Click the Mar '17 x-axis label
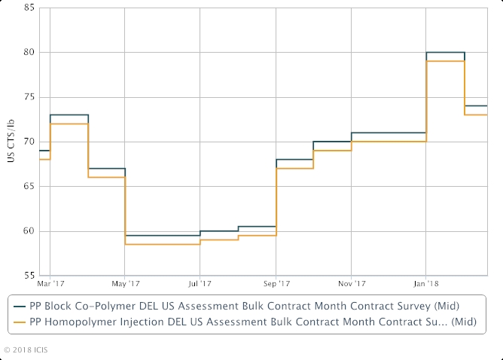50,284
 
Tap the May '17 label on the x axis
126,284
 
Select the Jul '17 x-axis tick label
200,284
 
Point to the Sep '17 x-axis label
276,284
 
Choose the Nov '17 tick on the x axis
352,284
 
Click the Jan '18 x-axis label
426,284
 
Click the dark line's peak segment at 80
445,53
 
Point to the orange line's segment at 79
445,61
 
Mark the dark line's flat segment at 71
388,133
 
